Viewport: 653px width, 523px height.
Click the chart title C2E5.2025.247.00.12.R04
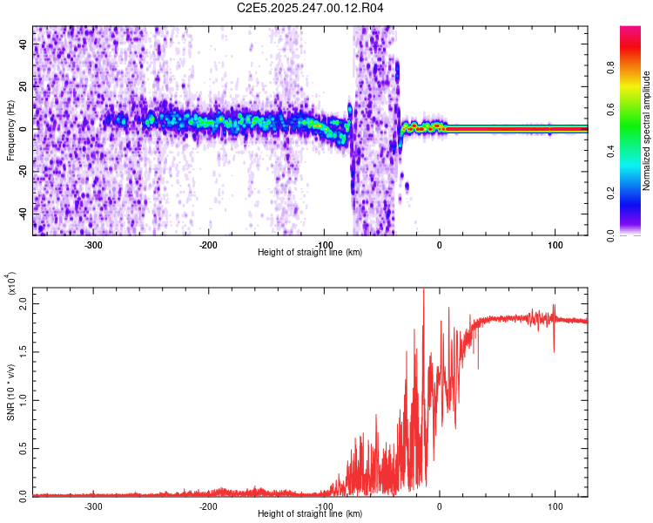pos(311,9)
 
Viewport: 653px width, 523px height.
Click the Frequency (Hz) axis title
pos(10,132)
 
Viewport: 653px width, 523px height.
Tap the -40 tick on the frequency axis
pos(23,213)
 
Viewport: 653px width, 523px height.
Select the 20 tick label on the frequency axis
pos(24,87)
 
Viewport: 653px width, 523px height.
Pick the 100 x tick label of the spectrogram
pos(555,245)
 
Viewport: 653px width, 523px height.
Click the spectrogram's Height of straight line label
pos(310,253)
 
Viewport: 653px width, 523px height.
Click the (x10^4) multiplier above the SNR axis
pos(12,283)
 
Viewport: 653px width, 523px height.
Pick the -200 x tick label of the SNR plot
pos(208,506)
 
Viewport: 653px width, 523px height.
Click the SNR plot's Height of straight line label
pos(310,514)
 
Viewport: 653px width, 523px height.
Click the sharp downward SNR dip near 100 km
pos(554,350)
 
